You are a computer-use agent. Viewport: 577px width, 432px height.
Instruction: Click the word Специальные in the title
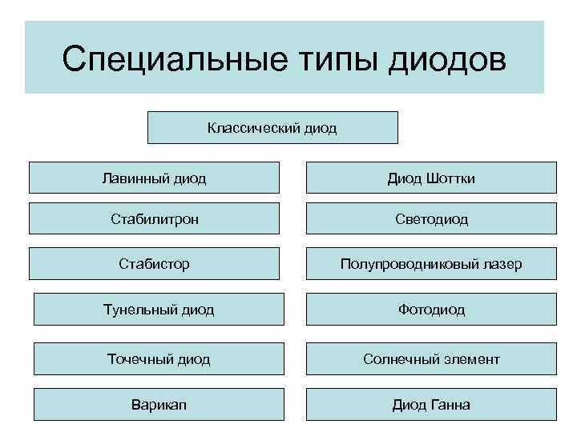pos(167,58)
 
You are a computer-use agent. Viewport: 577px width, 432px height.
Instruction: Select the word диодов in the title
pos(447,58)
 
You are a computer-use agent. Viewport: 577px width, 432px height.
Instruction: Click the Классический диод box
pos(272,127)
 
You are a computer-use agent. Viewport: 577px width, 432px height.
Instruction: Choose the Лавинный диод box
pos(155,178)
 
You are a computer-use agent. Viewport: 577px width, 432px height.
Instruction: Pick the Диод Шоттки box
pos(431,178)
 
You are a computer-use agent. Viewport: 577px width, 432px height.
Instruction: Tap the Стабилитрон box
pos(155,218)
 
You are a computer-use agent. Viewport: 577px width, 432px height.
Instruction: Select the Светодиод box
pos(431,218)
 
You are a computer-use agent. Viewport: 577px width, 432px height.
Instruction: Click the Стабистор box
pos(155,263)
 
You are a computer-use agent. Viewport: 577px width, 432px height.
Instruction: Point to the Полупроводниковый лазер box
pos(431,263)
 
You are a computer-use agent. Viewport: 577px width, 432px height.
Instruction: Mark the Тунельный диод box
pos(159,309)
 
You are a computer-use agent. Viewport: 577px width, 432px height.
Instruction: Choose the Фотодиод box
pos(431,309)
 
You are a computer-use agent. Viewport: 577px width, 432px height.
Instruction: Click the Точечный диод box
pos(159,359)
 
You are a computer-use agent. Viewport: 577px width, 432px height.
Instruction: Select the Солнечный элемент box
pos(431,359)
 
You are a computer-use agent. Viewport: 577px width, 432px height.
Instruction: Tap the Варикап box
pos(159,404)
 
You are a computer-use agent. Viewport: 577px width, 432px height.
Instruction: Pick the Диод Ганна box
pos(431,404)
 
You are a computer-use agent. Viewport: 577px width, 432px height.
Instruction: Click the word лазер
pos(501,263)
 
